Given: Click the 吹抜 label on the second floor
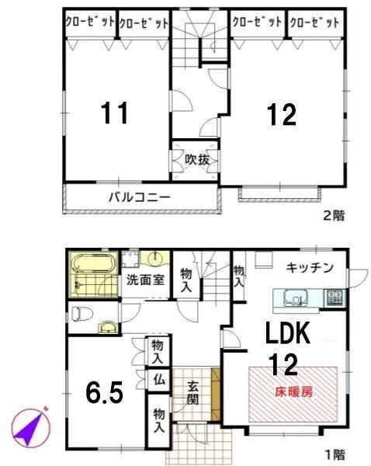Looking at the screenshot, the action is (x=197, y=160).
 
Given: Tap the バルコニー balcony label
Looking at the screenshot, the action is (x=140, y=197).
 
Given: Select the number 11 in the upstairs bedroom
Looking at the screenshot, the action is (x=115, y=113).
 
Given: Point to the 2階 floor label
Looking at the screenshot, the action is (x=334, y=215).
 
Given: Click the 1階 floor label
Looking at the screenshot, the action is (x=335, y=454).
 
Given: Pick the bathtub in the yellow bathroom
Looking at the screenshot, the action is (x=94, y=263).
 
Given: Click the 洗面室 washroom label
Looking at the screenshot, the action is (x=145, y=280).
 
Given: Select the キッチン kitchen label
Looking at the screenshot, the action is (x=310, y=268).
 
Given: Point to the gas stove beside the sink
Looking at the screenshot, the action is (x=335, y=297).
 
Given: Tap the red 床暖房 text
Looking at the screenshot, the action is (x=294, y=392).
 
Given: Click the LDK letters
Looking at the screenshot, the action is (x=287, y=332).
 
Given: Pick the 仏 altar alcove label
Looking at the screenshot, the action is (x=159, y=380).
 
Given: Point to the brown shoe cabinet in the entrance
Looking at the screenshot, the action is (x=215, y=394).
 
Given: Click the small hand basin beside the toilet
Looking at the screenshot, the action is (x=108, y=328).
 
